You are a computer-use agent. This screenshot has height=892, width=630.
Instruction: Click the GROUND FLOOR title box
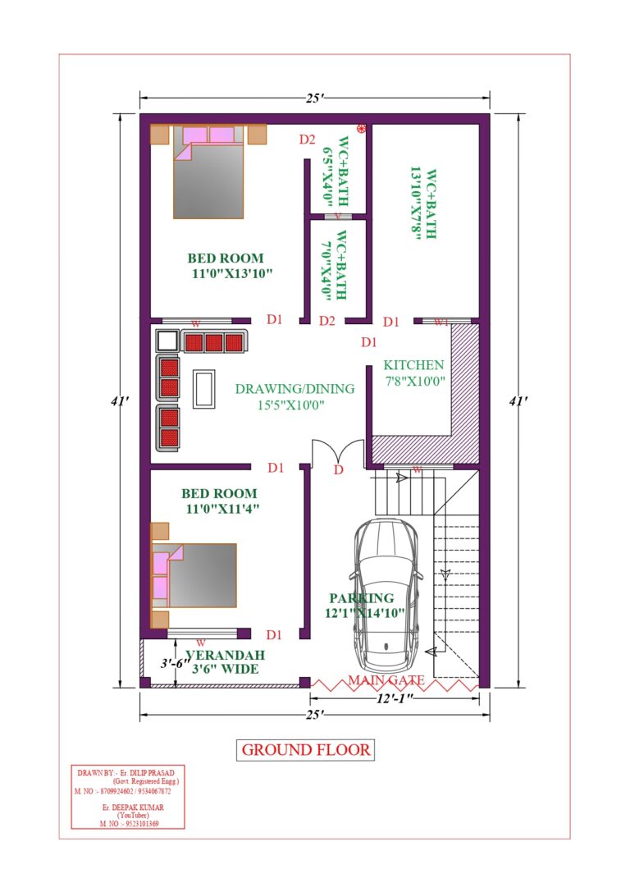305,750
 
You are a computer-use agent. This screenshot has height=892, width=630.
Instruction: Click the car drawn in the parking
386,594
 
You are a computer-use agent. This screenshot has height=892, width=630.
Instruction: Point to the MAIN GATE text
386,679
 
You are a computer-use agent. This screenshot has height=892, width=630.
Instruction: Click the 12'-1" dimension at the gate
395,698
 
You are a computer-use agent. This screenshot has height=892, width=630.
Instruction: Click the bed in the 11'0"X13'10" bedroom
208,172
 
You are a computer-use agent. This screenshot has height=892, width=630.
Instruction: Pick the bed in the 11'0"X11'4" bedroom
194,575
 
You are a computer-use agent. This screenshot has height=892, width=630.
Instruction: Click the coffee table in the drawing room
203,388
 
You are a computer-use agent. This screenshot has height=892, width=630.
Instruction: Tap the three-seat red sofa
214,341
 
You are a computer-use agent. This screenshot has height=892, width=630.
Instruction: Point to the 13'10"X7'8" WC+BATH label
423,203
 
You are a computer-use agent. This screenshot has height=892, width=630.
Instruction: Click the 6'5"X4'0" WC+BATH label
336,172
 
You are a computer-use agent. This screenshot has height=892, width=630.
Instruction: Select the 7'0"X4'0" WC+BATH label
334,265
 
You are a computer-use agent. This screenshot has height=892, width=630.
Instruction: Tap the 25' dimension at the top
314,98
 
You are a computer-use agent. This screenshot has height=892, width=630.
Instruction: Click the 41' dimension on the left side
120,401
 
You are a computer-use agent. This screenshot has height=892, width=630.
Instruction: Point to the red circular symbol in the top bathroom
360,129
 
